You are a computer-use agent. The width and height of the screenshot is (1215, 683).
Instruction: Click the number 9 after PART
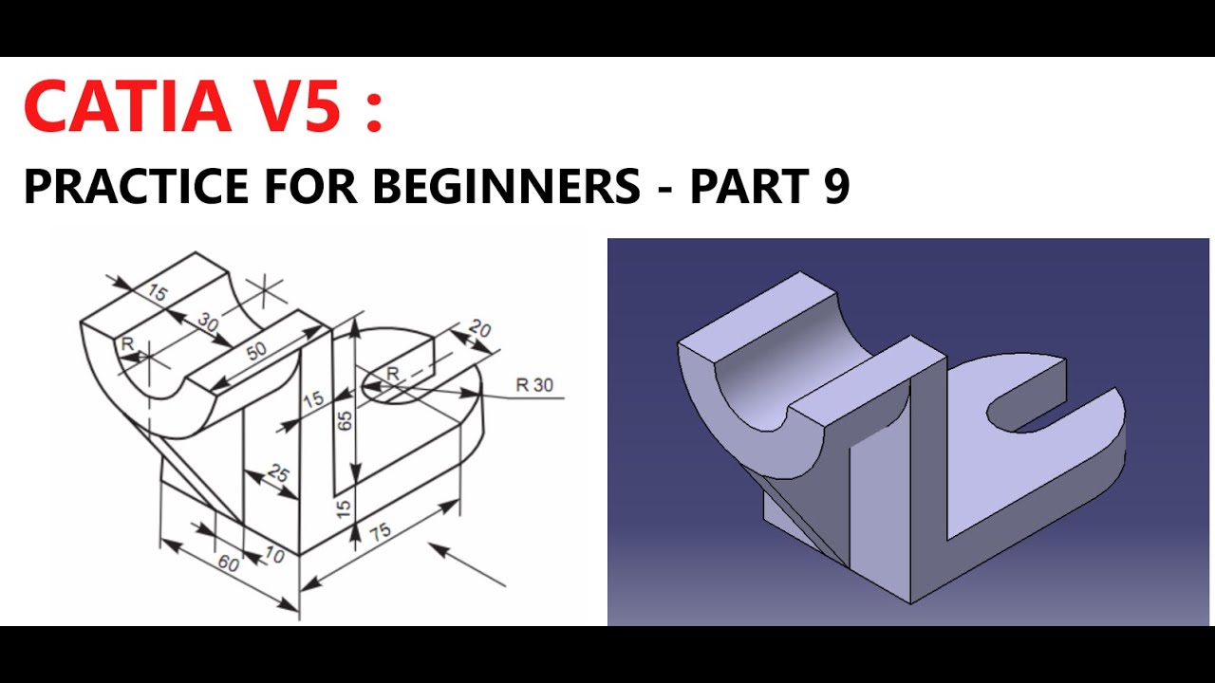point(835,186)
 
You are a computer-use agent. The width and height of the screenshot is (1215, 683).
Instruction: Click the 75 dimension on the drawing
point(380,533)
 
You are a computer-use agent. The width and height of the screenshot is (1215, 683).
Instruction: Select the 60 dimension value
point(228,563)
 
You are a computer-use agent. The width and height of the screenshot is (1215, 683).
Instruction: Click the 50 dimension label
point(256,350)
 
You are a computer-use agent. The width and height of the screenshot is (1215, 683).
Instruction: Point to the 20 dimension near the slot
point(480,330)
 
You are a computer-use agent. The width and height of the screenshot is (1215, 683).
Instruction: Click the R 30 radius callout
point(533,385)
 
